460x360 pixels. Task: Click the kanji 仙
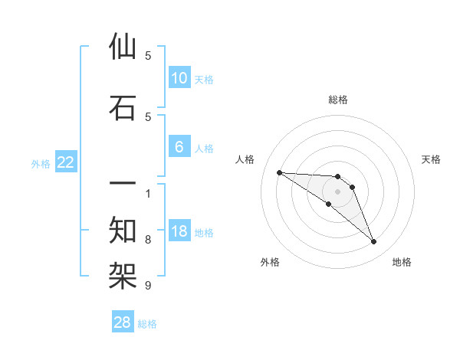point(123,47)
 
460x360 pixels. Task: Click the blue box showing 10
point(179,78)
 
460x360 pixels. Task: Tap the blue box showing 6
point(179,148)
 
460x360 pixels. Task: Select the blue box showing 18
point(179,232)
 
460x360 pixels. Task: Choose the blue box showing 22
point(66,162)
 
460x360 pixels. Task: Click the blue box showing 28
point(123,323)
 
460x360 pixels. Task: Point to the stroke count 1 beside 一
point(148,192)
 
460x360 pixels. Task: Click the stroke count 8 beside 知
point(148,240)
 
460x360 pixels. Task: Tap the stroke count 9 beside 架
point(148,286)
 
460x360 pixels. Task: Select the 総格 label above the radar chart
point(338,100)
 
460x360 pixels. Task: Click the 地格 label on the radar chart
point(402,262)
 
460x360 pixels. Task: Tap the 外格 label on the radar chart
point(270,262)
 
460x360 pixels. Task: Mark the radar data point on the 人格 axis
point(279,172)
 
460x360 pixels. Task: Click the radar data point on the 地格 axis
point(374,242)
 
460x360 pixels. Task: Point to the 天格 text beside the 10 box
point(204,79)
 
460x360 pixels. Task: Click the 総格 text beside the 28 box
point(147,324)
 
